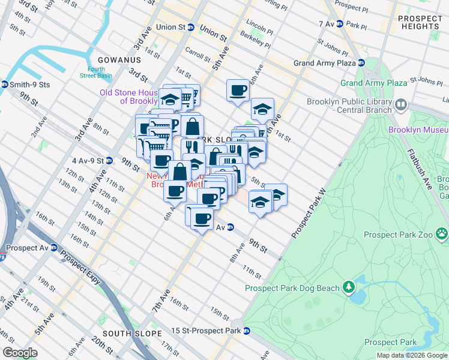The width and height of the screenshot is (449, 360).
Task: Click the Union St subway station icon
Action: click(191, 27)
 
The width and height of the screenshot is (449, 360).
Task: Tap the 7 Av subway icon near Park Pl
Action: click(339, 25)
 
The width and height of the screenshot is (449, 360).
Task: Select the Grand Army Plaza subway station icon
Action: click(361, 63)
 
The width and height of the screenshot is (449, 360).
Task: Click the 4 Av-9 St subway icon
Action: click(109, 161)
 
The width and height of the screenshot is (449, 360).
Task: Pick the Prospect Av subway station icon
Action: click(54, 247)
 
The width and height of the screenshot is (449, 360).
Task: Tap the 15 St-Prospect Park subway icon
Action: click(246, 331)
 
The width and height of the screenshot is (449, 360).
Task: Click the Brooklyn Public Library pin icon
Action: click(402, 106)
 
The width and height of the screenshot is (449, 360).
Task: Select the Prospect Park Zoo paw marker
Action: click(442, 232)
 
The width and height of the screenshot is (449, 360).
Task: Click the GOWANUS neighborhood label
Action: click(121, 60)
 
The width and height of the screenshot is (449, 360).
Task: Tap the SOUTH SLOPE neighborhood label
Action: click(132, 334)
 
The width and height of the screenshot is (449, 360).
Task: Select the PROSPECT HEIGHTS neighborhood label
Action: click(420, 23)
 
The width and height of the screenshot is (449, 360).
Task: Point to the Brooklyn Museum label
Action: click(418, 130)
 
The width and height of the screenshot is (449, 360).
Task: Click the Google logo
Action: click(20, 353)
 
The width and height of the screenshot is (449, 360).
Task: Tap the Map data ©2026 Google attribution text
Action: click(412, 355)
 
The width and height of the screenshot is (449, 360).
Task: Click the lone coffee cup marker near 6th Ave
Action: click(238, 91)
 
